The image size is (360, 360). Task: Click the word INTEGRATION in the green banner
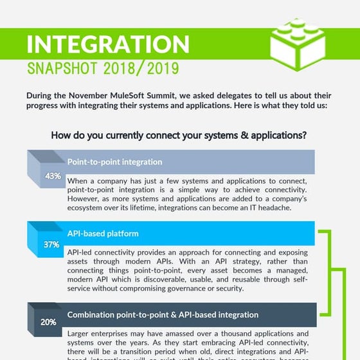[108, 44]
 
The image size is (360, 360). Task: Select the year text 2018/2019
[145, 67]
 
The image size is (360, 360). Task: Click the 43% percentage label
[53, 175]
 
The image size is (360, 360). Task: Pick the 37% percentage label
[51, 245]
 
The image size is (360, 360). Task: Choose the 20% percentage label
[48, 322]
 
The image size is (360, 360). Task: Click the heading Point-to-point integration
[114, 162]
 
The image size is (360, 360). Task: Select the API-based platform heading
[103, 233]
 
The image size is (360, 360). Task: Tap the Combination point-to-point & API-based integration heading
[163, 315]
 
